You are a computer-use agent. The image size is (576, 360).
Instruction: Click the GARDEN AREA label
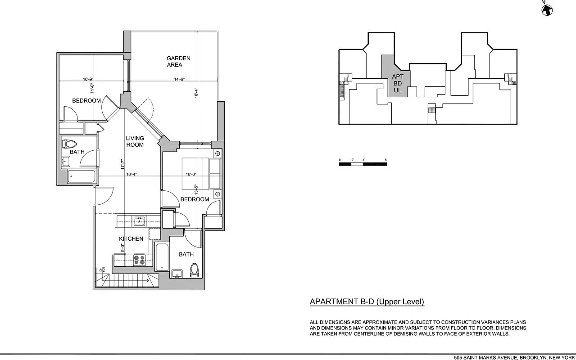tap(178, 62)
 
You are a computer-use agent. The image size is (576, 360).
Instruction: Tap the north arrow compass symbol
tap(547, 9)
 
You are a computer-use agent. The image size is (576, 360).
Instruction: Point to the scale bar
tap(363, 164)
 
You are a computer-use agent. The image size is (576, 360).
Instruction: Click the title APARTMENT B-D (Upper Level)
tap(367, 302)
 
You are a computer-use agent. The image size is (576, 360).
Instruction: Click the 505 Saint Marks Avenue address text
tap(514, 357)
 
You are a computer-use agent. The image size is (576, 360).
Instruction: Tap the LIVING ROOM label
tap(135, 141)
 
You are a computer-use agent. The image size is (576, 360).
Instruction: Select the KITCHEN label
tap(131, 238)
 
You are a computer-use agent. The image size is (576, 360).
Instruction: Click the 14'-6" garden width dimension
tap(180, 80)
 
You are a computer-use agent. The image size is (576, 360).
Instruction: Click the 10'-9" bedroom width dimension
tap(88, 79)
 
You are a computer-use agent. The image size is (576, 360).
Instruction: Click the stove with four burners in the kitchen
tap(139, 260)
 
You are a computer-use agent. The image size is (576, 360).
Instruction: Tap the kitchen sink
tap(139, 220)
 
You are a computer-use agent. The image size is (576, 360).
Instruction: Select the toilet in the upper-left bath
tap(69, 144)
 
